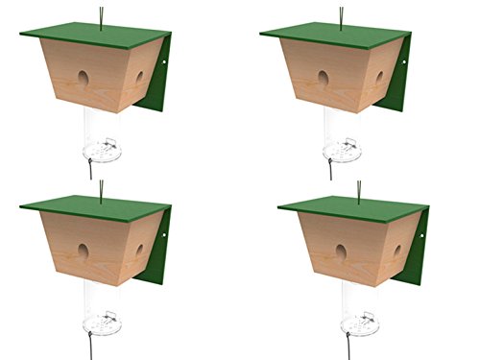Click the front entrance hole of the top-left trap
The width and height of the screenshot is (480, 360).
pyautogui.click(x=84, y=78)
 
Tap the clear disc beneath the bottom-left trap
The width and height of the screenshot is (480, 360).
pyautogui.click(x=101, y=322)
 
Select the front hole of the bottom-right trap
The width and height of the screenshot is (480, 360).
pyautogui.click(x=341, y=252)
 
